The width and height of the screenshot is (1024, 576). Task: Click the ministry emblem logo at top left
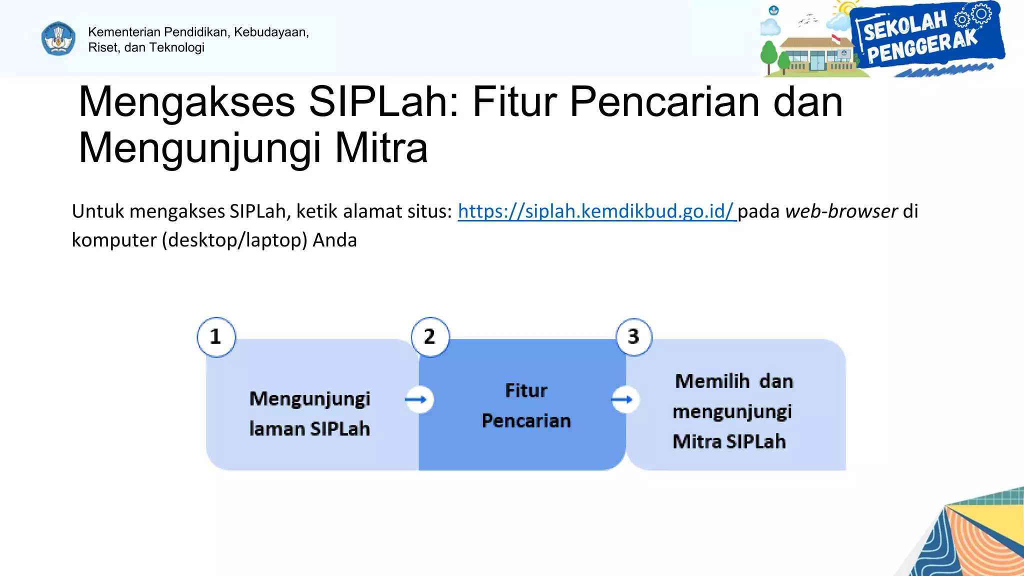click(x=58, y=38)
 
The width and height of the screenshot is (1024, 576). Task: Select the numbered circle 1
click(x=216, y=337)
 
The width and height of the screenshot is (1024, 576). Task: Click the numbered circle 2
click(x=430, y=337)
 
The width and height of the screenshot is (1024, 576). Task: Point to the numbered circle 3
click(x=633, y=337)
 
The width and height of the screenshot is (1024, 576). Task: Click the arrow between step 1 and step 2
click(x=418, y=399)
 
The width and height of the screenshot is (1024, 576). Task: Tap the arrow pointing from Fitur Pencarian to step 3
click(x=624, y=399)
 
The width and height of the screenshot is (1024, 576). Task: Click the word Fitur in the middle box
click(x=526, y=390)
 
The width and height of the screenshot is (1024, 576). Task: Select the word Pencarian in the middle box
click(x=526, y=421)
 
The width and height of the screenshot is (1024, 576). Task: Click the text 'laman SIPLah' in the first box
click(x=309, y=429)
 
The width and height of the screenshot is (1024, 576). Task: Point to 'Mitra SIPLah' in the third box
click(x=729, y=442)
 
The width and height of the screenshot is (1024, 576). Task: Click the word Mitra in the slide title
click(x=381, y=148)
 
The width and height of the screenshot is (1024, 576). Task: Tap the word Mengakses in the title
click(x=186, y=102)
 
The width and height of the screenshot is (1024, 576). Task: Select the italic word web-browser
click(x=841, y=211)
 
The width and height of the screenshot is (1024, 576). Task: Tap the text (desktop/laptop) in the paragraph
click(x=234, y=240)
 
